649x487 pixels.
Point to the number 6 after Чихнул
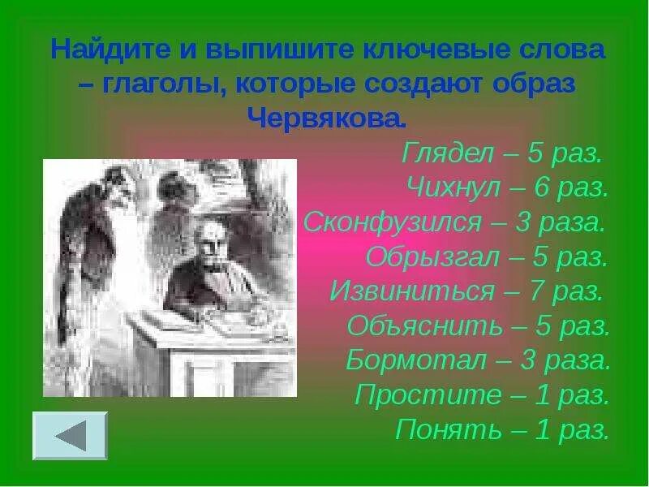pos(542,188)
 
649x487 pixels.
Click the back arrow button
pos(71,436)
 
